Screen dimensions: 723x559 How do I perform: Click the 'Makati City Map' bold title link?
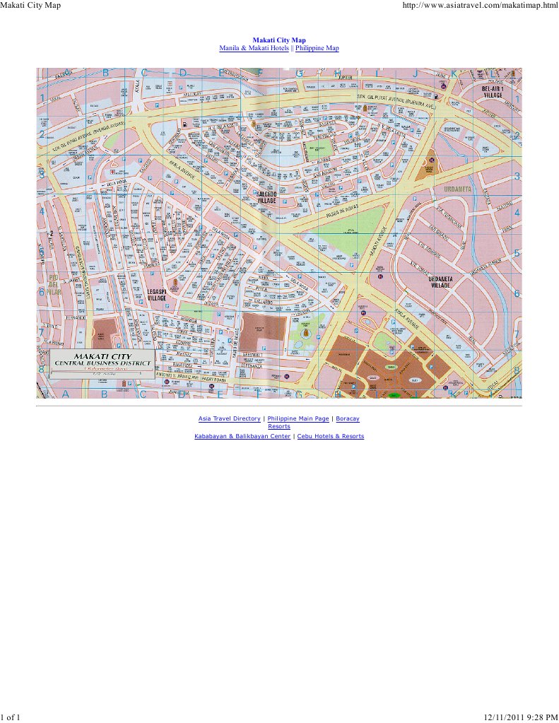coord(279,41)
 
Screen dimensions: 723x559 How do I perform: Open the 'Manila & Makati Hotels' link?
coord(254,48)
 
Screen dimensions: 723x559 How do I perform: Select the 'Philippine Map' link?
coord(317,48)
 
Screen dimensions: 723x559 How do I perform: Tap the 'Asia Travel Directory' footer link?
coord(229,418)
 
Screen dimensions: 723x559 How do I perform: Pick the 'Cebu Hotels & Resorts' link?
coord(330,436)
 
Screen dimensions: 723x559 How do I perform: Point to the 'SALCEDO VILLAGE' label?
coord(266,197)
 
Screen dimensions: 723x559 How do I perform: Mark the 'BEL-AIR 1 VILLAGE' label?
coord(493,92)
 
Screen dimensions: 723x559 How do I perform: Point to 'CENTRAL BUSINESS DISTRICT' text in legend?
coord(103,363)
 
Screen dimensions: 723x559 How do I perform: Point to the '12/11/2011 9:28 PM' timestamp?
coord(521,717)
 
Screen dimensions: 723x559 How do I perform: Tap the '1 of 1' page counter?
coord(10,717)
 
